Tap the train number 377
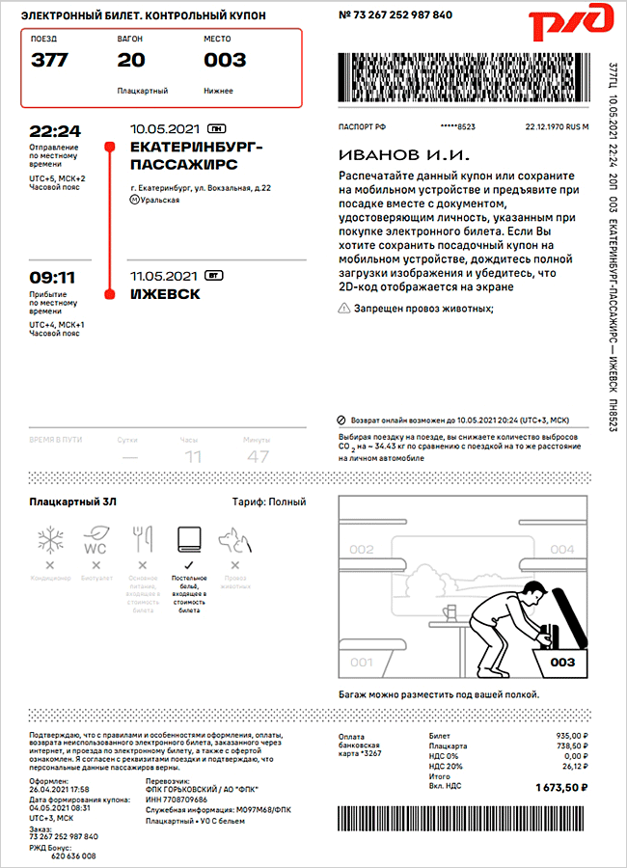click(x=50, y=60)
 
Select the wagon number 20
click(x=131, y=60)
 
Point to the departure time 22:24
click(x=55, y=131)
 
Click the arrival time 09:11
click(x=52, y=278)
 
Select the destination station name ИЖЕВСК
click(x=164, y=294)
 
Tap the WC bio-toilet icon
click(x=96, y=538)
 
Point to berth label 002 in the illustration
click(x=361, y=550)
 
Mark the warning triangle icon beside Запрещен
click(x=344, y=309)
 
